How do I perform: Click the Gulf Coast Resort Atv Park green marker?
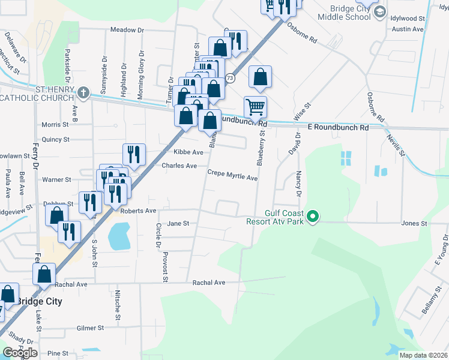coord(312,217)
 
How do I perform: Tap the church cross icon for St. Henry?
coord(83,93)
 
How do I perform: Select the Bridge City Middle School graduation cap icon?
coord(379,13)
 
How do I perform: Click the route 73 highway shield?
coord(230,79)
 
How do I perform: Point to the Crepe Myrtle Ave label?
coord(232,178)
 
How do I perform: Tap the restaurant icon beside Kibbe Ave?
coord(134,155)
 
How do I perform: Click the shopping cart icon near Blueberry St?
coord(256,108)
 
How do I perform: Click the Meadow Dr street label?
coord(128,30)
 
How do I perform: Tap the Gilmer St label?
coord(91,328)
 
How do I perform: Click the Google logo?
coord(20,352)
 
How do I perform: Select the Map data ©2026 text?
coord(423,355)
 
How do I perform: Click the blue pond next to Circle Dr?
coord(119,236)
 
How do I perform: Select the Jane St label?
coord(178,223)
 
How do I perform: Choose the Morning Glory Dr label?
coord(142,68)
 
